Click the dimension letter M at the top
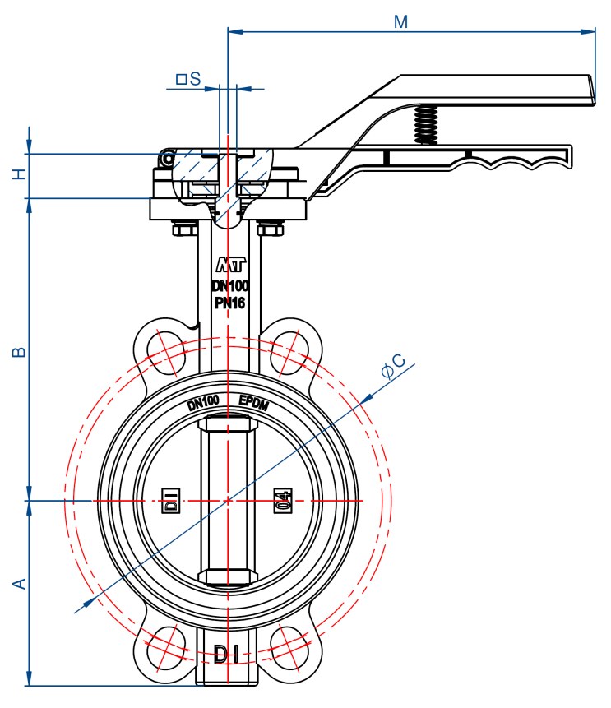pos(400,21)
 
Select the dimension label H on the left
pos(20,174)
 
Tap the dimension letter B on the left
pos(20,352)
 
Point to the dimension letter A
pos(20,583)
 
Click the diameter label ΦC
pos(394,366)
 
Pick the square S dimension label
pos(188,79)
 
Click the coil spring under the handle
pos(426,125)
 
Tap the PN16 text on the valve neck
pos(230,303)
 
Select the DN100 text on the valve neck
pos(230,286)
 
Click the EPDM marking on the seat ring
pos(253,403)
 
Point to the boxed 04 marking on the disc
pos(283,500)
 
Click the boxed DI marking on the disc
pos(171,500)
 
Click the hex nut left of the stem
pos(185,229)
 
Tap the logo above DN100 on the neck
pos(230,265)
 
